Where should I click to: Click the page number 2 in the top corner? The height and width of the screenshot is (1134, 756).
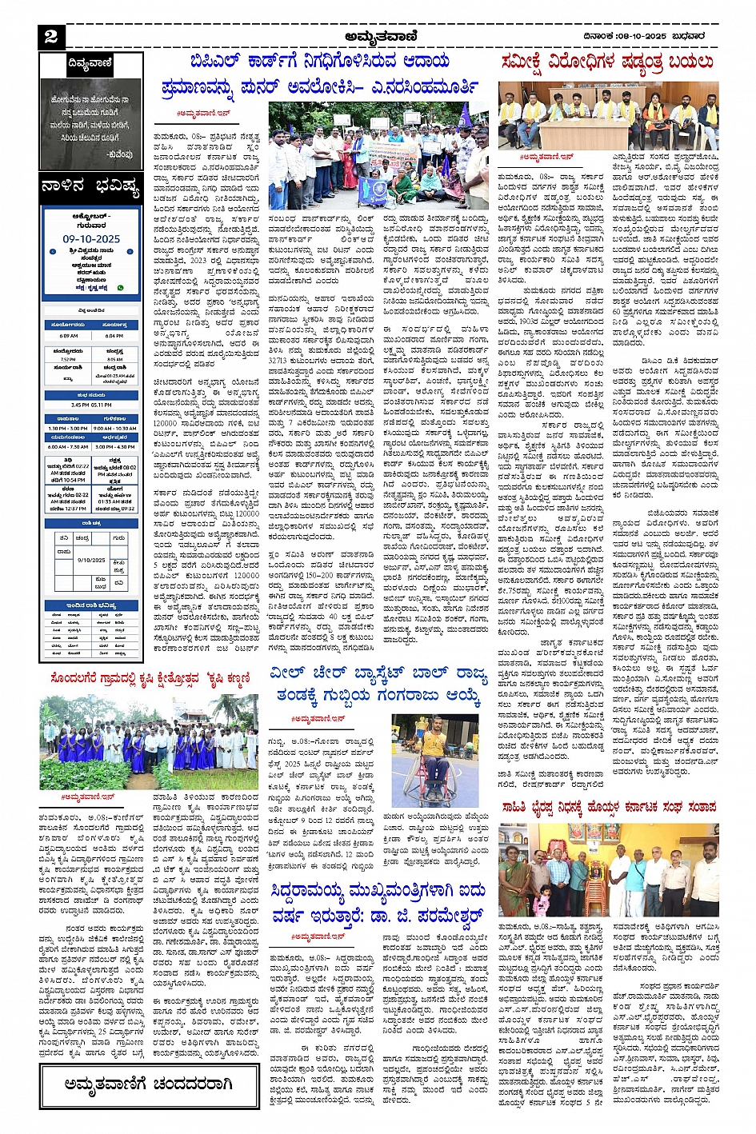51,36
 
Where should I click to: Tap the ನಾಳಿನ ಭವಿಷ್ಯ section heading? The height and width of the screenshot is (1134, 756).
91,190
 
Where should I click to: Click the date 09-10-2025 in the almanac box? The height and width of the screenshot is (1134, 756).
91,239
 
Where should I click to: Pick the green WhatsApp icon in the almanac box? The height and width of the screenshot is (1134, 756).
121,286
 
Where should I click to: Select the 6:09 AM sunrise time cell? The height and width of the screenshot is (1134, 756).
69,336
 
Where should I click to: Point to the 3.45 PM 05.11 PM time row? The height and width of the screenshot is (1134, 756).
91,405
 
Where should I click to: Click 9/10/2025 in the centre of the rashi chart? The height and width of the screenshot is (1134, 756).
91,560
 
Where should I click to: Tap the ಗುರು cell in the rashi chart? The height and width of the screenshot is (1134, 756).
118,539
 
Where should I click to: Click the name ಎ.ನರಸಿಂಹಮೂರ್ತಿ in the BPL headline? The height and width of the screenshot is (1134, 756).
416,86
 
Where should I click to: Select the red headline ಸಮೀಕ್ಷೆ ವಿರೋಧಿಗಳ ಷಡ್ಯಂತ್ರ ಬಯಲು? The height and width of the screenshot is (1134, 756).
607,62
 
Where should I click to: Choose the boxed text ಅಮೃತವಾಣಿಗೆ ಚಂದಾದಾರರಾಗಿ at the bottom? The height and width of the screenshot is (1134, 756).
149,1084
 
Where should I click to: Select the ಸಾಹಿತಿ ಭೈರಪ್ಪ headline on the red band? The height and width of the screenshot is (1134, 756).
609,808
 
